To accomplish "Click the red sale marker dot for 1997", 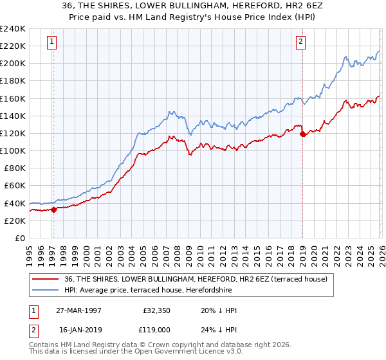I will tap(54, 209).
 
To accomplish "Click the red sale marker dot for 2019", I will tap(302, 134).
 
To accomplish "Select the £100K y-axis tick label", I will tap(12, 150).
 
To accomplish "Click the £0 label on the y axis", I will tap(19, 238).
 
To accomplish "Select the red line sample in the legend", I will tap(46, 279).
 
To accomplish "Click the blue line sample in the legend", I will tap(46, 290).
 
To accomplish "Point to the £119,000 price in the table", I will tap(157, 331).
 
